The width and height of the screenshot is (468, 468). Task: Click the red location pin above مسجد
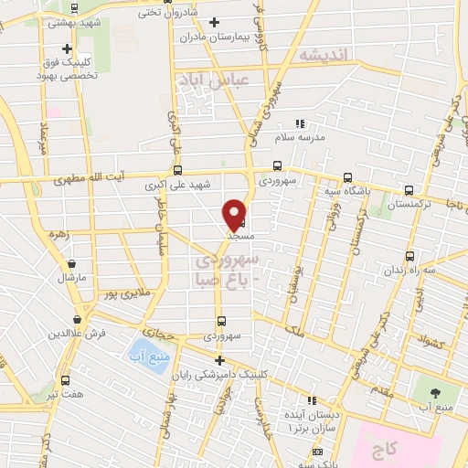[235, 214]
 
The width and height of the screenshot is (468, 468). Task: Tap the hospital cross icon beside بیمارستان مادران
[215, 22]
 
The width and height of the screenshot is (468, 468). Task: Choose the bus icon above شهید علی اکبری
[176, 170]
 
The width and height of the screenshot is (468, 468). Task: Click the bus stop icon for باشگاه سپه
[346, 178]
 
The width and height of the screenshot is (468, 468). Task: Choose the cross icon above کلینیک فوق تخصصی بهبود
[67, 49]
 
